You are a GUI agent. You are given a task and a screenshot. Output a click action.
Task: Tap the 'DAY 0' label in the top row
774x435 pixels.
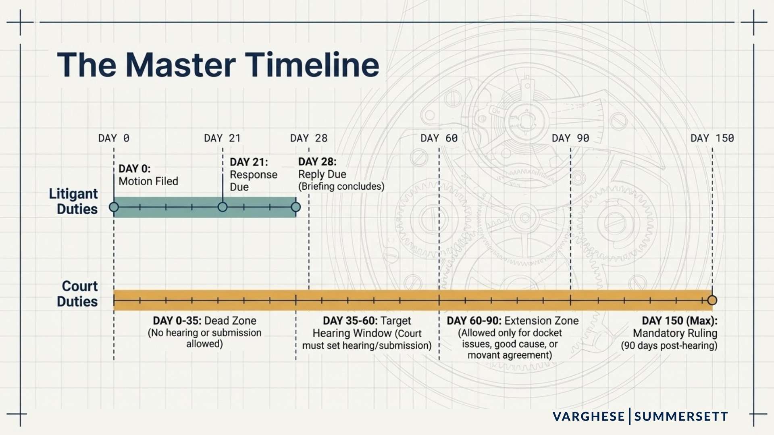click(114, 138)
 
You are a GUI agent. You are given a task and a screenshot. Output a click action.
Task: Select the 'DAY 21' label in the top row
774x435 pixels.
click(222, 138)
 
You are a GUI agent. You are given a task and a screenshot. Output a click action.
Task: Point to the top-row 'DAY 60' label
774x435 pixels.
click(439, 138)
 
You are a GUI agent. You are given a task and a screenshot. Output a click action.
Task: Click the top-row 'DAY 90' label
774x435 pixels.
click(570, 138)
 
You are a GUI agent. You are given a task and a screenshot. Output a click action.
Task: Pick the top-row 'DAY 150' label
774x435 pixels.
click(712, 138)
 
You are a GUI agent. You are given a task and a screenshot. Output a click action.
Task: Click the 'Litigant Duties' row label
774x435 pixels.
click(74, 201)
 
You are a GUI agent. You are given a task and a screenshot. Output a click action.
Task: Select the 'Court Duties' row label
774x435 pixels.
click(78, 294)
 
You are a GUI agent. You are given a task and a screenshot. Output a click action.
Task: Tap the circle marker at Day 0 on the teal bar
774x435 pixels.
click(114, 207)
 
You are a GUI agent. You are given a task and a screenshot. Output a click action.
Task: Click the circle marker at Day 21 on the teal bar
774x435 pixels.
click(223, 207)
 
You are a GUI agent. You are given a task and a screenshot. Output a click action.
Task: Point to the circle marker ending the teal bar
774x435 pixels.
click(296, 207)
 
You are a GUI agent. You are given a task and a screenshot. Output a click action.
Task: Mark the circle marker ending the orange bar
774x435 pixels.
click(712, 300)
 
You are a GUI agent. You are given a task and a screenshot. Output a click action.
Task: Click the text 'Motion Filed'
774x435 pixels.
click(148, 181)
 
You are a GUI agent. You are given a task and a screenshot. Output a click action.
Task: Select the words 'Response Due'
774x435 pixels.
click(253, 180)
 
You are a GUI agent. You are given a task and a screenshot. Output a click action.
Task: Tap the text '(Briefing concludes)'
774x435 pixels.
click(341, 186)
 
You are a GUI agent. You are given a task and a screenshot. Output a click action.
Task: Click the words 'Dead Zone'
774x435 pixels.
click(230, 321)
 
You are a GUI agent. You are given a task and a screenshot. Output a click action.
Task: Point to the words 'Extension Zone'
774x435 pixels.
click(541, 321)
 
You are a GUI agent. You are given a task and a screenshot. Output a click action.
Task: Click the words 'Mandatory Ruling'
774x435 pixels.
click(675, 333)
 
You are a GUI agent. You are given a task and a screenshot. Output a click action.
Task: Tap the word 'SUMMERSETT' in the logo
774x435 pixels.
click(681, 416)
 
